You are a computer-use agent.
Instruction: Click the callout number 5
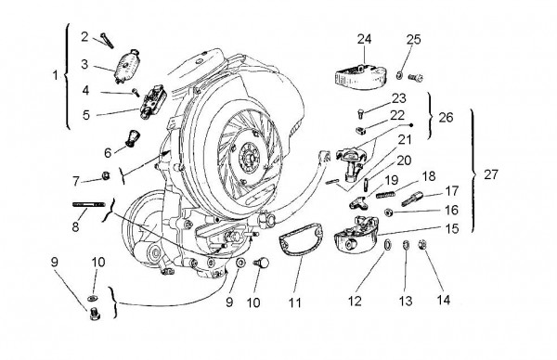[84, 115]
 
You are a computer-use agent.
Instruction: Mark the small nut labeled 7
[106, 176]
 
